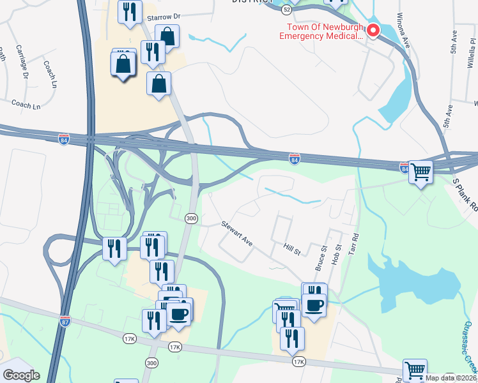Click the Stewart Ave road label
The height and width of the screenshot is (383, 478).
click(237, 234)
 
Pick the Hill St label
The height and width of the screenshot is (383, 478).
click(291, 249)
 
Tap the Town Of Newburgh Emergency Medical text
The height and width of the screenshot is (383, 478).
click(320, 32)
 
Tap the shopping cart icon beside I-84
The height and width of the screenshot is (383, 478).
click(420, 171)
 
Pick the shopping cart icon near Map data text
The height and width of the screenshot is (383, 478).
click(415, 370)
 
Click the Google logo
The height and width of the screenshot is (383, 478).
click(22, 375)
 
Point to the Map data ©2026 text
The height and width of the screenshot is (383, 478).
click(451, 378)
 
